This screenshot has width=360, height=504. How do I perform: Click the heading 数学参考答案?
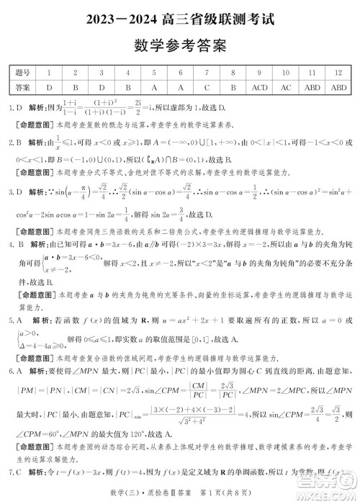180,45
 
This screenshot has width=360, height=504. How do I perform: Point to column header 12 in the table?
338,73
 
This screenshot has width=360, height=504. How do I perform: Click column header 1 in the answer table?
48,73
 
